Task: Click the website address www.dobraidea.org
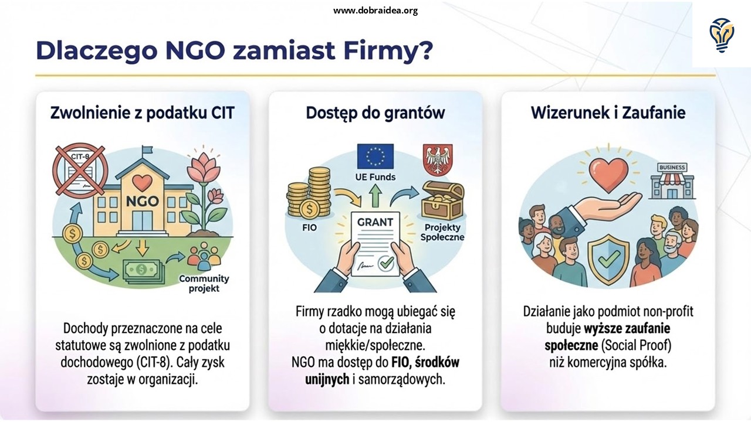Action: click(x=375, y=11)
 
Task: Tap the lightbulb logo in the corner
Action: click(x=722, y=35)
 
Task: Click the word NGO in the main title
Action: click(x=195, y=50)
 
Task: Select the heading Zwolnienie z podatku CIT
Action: click(x=143, y=113)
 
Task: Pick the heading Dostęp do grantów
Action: click(x=375, y=113)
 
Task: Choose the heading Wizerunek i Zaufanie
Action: click(x=608, y=113)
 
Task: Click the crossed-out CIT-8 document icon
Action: click(x=80, y=171)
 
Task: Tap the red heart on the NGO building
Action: click(x=142, y=182)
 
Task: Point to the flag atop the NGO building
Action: click(x=147, y=149)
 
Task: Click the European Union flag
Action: click(x=375, y=156)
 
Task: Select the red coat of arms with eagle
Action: click(x=438, y=160)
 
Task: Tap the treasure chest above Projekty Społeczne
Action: click(x=442, y=200)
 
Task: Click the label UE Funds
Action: click(x=375, y=177)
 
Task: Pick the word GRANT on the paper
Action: click(x=375, y=222)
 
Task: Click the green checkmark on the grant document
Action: click(x=386, y=263)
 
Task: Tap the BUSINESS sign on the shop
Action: click(x=672, y=168)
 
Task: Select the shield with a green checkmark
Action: click(x=608, y=257)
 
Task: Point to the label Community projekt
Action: click(x=204, y=284)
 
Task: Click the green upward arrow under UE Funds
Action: click(x=375, y=195)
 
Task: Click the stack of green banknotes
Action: click(x=143, y=271)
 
